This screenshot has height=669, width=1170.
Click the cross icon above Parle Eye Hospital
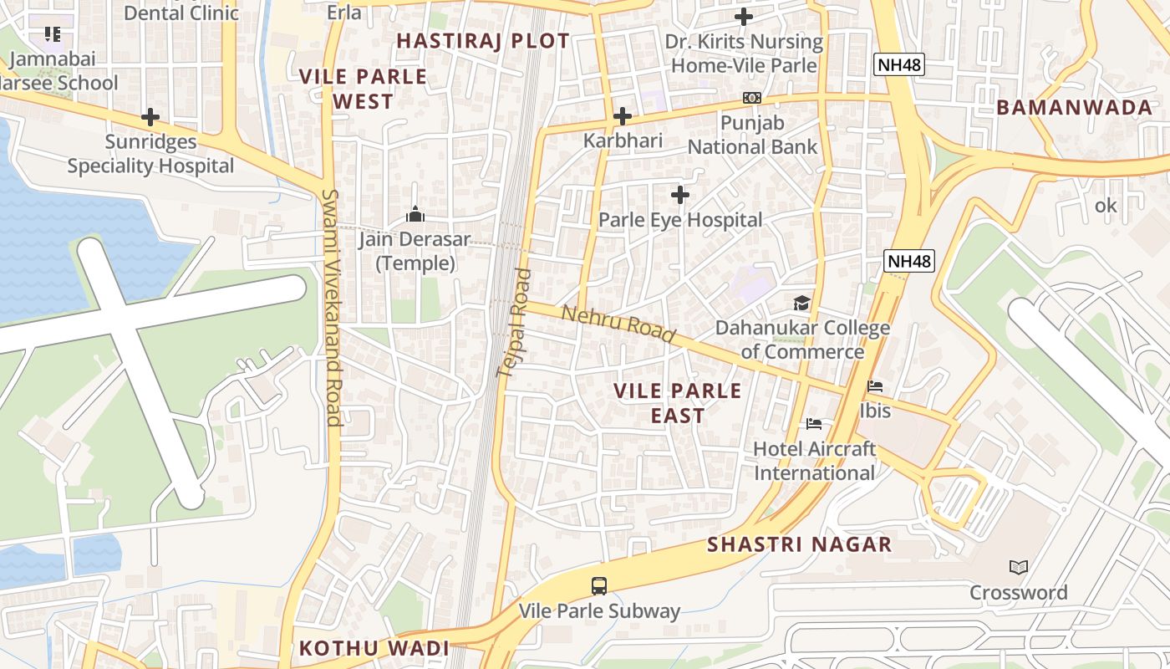pos(680,195)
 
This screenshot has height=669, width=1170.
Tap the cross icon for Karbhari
pos(623,116)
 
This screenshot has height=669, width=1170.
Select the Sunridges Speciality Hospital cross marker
pos(150,117)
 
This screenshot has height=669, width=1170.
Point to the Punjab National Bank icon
pos(752,98)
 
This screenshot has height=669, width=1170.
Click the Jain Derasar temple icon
pos(415,215)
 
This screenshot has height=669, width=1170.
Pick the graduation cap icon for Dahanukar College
pos(802,303)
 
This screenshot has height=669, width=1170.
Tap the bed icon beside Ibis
pos(875,386)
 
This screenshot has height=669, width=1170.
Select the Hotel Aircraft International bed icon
pos(814,424)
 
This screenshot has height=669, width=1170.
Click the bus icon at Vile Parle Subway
pos(599,586)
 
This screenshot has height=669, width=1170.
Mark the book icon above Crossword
pos(1018,568)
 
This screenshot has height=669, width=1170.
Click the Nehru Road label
pos(618,324)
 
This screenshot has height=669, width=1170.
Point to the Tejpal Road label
pos(514,323)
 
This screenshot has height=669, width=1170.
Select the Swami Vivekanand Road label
pos(332,307)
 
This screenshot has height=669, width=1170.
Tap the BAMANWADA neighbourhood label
pos(1075,107)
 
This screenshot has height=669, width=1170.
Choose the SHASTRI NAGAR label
pos(800,545)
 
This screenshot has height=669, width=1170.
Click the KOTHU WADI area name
pos(374,648)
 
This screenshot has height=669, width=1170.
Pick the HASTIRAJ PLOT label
pos(483,41)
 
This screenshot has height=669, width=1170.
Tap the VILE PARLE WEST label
pos(364,89)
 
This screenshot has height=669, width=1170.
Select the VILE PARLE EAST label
pos(678,403)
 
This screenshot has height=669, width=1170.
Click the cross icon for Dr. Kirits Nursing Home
pos(744,17)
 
